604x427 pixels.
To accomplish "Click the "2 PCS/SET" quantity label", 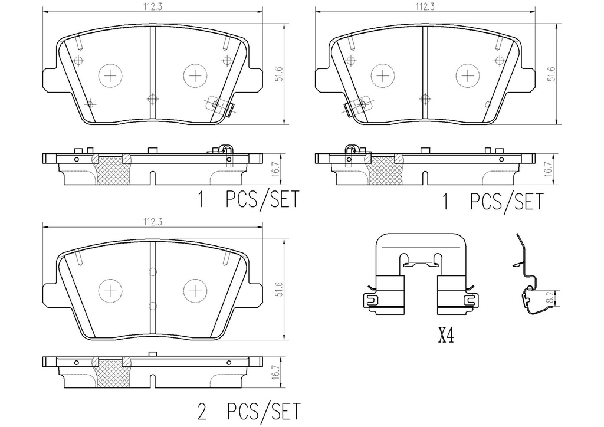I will click(x=248, y=409).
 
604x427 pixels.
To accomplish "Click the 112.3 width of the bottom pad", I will click(x=152, y=222).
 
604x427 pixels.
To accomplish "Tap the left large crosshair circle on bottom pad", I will click(x=110, y=290).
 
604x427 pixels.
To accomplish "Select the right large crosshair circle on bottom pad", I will click(x=195, y=290).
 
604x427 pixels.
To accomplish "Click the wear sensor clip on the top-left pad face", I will click(x=219, y=107).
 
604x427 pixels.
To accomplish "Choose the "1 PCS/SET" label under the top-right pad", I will click(x=493, y=202).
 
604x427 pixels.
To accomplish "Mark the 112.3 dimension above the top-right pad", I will click(x=422, y=6).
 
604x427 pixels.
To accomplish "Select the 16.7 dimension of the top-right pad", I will click(x=548, y=168).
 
